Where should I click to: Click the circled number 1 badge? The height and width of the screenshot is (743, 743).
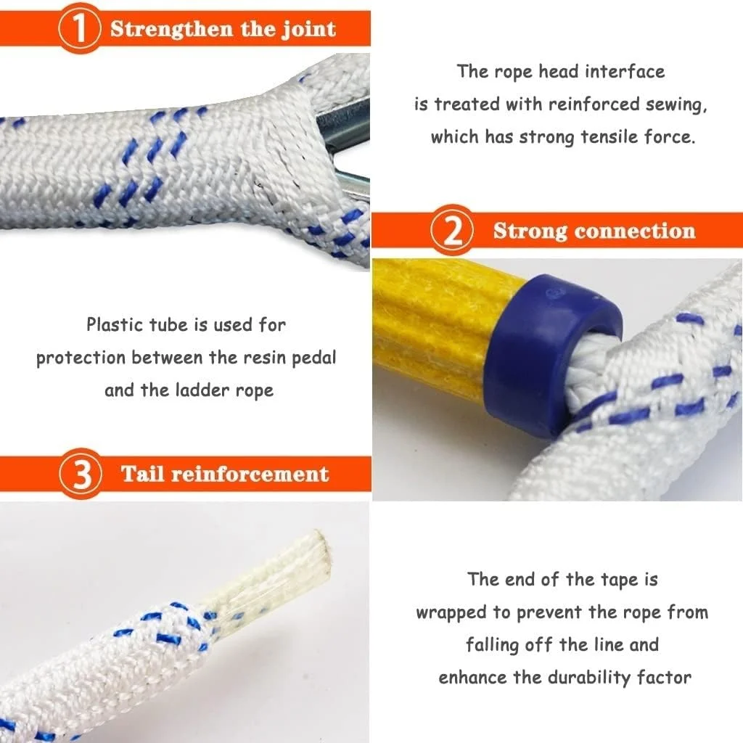tap(80, 28)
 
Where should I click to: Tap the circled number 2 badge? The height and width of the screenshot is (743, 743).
tap(453, 230)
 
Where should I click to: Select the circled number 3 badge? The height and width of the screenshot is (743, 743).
tap(81, 474)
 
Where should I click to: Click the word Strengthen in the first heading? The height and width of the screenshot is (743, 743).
tap(172, 29)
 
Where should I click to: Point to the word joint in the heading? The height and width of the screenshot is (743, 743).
tap(309, 29)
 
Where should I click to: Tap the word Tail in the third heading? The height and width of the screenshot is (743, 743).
tap(143, 473)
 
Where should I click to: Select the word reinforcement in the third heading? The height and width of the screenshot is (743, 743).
tap(250, 475)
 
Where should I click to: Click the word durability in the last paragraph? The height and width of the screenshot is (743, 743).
tap(589, 678)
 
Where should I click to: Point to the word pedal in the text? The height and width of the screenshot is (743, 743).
tap(313, 358)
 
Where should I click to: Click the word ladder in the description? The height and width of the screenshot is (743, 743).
tap(203, 390)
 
